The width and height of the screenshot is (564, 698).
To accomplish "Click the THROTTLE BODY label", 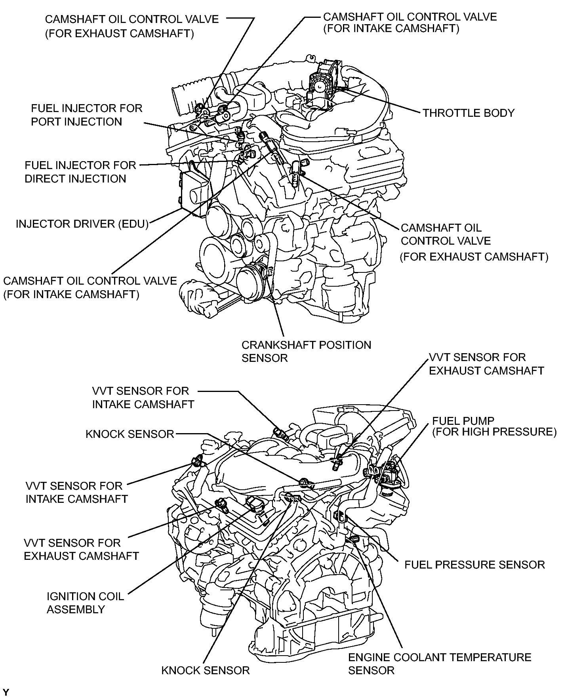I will pyautogui.click(x=468, y=113).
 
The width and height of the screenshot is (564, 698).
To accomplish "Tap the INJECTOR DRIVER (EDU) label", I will pyautogui.click(x=82, y=224).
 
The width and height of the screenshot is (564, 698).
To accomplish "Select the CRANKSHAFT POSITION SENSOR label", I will pyautogui.click(x=306, y=351).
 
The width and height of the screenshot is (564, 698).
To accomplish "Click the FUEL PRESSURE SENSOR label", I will pyautogui.click(x=474, y=565).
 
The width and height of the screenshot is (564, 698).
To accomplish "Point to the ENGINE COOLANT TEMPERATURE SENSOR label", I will pyautogui.click(x=439, y=664).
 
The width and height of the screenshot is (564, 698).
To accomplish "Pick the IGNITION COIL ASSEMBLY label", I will pyautogui.click(x=85, y=603).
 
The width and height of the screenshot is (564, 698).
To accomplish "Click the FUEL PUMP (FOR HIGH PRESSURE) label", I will pyautogui.click(x=494, y=426).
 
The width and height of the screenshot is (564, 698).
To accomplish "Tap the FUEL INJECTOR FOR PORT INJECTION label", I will pyautogui.click(x=86, y=115).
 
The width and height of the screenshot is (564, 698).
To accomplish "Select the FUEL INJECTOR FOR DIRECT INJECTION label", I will pyautogui.click(x=80, y=172).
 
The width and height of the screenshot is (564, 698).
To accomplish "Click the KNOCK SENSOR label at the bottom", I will pyautogui.click(x=205, y=670).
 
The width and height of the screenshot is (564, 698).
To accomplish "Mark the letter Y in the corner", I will pyautogui.click(x=6, y=693).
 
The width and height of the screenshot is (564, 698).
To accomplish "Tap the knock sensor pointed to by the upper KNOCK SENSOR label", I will pyautogui.click(x=303, y=481).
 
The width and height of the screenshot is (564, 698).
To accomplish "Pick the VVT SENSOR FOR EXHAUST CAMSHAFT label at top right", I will pyautogui.click(x=486, y=364).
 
